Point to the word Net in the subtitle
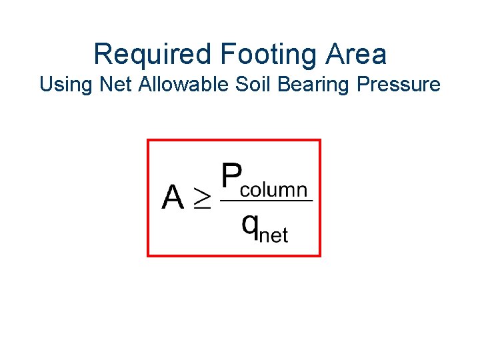105,85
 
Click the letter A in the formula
173,198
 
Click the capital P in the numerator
231,177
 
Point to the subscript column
274,191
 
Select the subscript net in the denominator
273,235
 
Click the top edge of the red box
234,140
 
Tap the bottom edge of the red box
234,255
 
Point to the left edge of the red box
148,198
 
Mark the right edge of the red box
320,198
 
